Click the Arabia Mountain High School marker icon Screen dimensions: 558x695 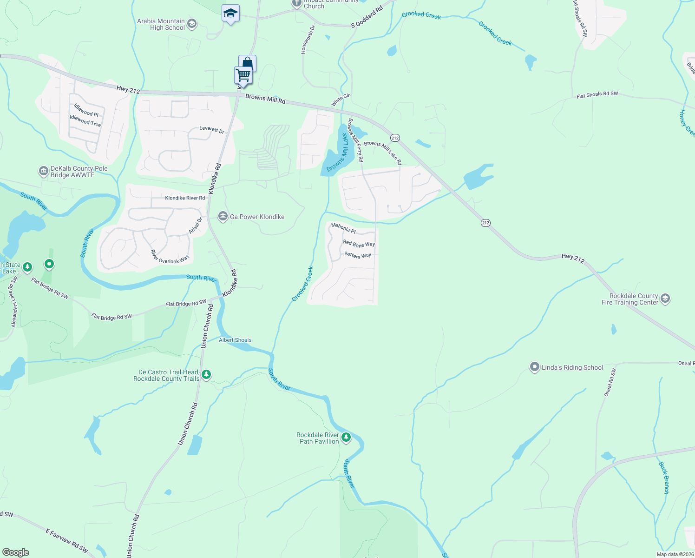click(x=192, y=24)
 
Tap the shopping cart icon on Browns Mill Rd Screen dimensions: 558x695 click(x=243, y=75)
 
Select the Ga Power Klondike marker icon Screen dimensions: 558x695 click(x=223, y=217)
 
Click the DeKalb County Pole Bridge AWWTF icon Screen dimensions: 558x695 click(x=43, y=172)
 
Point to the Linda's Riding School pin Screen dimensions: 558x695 click(x=535, y=367)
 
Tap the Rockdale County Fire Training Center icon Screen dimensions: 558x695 click(x=665, y=299)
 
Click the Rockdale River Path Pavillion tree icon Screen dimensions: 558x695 click(x=346, y=438)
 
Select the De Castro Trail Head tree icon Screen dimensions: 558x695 click(x=206, y=374)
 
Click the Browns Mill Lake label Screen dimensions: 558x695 click(x=337, y=153)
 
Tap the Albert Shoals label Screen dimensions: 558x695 click(x=235, y=340)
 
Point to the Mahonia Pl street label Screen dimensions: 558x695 click(x=343, y=228)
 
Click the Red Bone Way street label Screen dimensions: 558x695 click(x=359, y=244)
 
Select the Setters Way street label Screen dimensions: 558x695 click(x=358, y=255)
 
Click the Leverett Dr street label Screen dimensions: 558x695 click(x=212, y=129)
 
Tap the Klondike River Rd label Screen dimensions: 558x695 click(x=185, y=198)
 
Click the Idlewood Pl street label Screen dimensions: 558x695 click(x=86, y=110)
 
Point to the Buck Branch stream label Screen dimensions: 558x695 click(x=664, y=478)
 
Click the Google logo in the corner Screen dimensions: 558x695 click(x=16, y=552)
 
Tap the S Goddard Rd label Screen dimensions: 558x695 click(x=367, y=17)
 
